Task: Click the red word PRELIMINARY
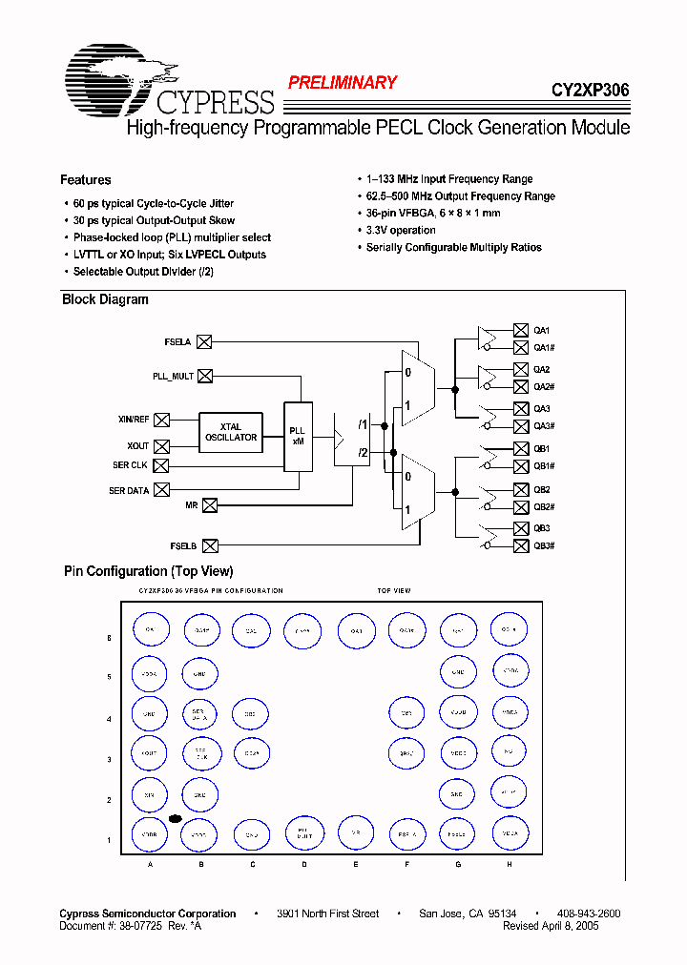click(x=342, y=83)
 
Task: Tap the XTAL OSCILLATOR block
click(x=231, y=432)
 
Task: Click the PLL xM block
click(x=298, y=437)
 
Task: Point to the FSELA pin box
click(x=204, y=340)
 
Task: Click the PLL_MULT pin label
click(x=173, y=377)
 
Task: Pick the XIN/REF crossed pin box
click(x=162, y=420)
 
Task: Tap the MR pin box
click(x=210, y=504)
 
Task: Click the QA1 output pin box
click(x=521, y=330)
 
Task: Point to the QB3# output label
click(x=544, y=545)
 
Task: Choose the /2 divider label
click(x=363, y=453)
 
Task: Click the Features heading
click(x=85, y=180)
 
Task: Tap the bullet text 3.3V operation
click(x=401, y=231)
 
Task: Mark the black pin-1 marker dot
click(x=176, y=818)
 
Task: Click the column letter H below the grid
click(x=510, y=864)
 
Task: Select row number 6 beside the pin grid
click(x=109, y=637)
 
